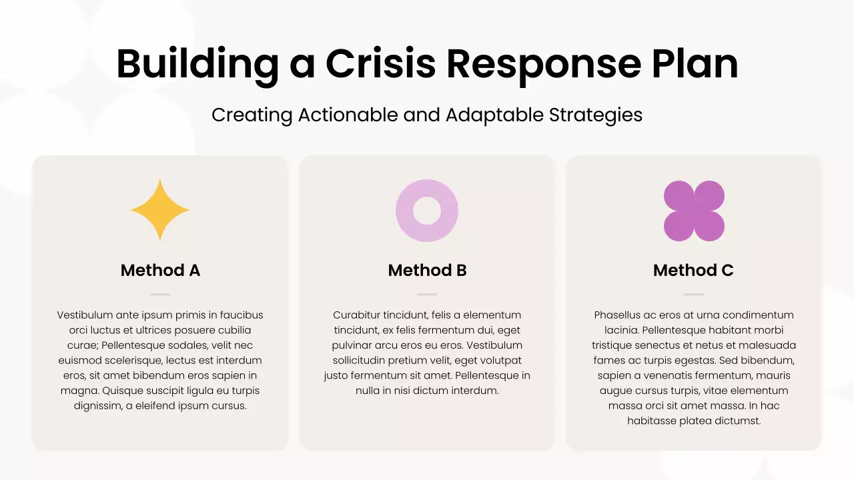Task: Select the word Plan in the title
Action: tap(693, 65)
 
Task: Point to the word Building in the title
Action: tap(197, 65)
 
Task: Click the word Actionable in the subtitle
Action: tap(348, 115)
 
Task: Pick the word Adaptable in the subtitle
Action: tap(494, 115)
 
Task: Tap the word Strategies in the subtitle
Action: tap(596, 115)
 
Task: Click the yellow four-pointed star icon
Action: tap(160, 210)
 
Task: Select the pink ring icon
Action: tap(427, 211)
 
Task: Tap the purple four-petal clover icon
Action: tap(694, 211)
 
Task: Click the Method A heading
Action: tap(160, 270)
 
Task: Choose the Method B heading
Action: tap(427, 270)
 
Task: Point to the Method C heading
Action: tap(693, 270)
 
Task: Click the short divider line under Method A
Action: tap(160, 294)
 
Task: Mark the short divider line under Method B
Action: tap(427, 294)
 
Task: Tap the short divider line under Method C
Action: tap(694, 294)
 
